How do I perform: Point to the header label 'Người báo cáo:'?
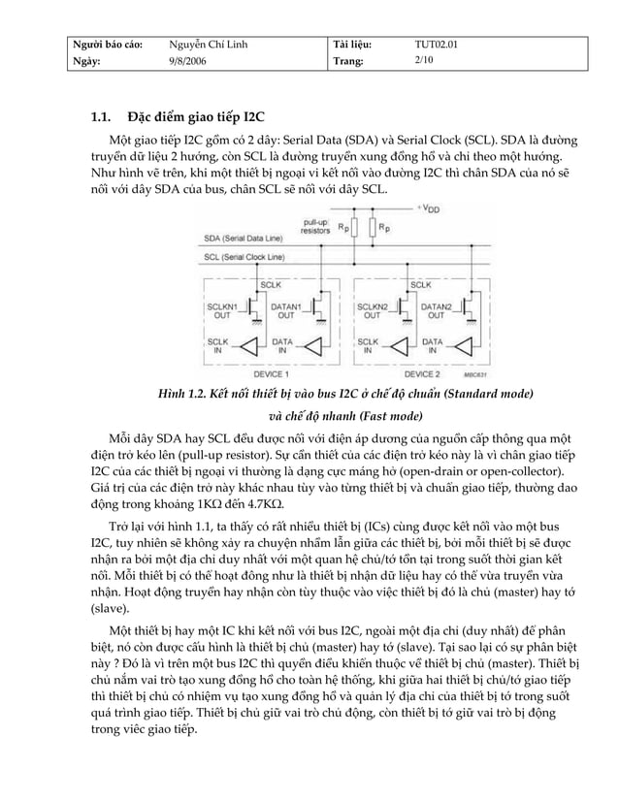[x=109, y=45]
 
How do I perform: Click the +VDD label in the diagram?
[x=430, y=208]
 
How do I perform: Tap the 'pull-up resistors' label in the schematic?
[x=317, y=227]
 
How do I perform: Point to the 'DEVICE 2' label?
[x=422, y=373]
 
